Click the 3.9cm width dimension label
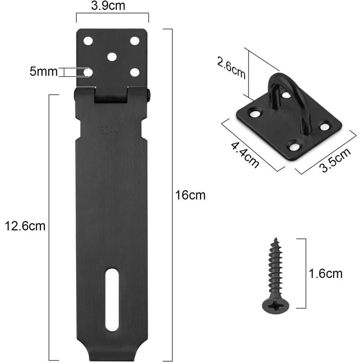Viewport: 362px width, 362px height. pyautogui.click(x=108, y=6)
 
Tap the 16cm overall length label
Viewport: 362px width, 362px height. pyautogui.click(x=190, y=195)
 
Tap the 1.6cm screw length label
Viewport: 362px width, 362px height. pyautogui.click(x=325, y=274)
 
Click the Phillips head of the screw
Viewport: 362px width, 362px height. pyautogui.click(x=275, y=306)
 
